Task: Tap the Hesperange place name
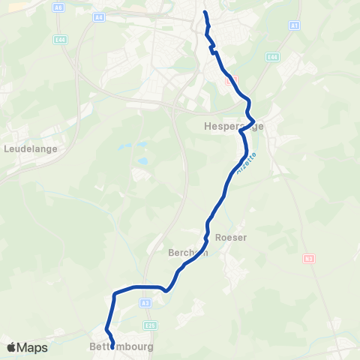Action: [x=233, y=127]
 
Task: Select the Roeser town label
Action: [x=230, y=237]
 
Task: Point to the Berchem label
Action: [x=187, y=253]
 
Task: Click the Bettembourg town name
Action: [x=121, y=348]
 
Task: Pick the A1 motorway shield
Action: [x=295, y=25]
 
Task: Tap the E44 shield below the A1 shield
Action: [x=272, y=57]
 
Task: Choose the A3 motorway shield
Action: [x=145, y=302]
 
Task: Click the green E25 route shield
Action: [x=151, y=325]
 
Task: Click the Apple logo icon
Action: [x=12, y=347]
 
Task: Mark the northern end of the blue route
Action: [x=205, y=12]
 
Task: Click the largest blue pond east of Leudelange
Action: [x=142, y=160]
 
